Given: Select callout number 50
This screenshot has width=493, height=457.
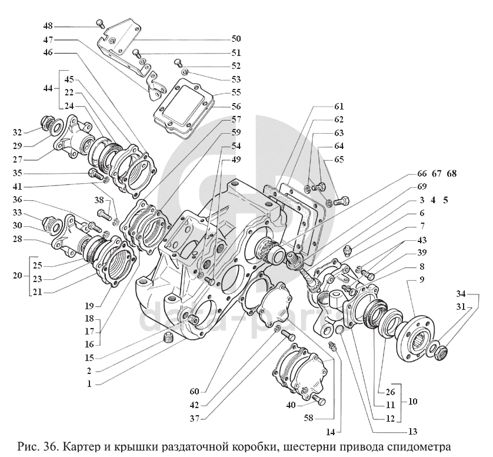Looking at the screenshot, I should coord(236,39).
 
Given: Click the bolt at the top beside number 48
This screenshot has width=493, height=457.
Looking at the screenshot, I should coord(100,24).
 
